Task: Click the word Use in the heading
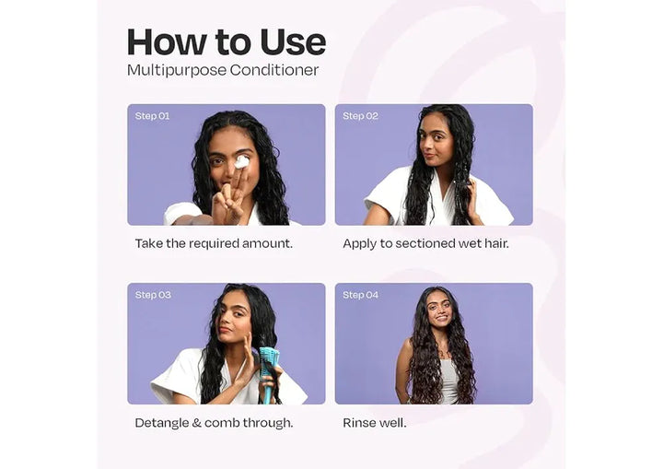(x=293, y=42)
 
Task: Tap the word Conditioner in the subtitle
(x=274, y=70)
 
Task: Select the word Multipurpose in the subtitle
(x=177, y=71)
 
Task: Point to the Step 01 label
(x=152, y=116)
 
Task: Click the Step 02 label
(x=360, y=116)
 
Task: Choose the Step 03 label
(x=153, y=295)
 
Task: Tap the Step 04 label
(x=360, y=295)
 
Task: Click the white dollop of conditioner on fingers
(x=242, y=161)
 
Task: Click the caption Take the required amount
(x=214, y=244)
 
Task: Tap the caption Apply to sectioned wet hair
(x=425, y=244)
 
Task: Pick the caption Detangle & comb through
(x=214, y=423)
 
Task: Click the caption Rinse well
(x=375, y=423)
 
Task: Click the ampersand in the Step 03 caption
(x=197, y=423)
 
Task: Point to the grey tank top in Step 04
(x=449, y=380)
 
